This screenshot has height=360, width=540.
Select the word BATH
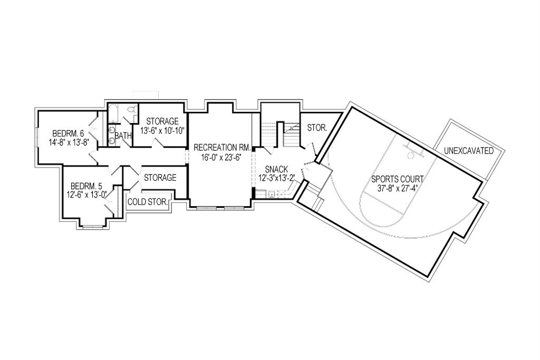123,136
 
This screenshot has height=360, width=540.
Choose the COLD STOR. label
148,202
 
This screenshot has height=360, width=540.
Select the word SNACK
276,169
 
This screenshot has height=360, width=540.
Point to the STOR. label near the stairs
317,128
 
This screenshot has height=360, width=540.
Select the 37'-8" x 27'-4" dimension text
398,188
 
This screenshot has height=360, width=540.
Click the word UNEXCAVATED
469,151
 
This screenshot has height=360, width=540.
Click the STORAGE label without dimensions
160,178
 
